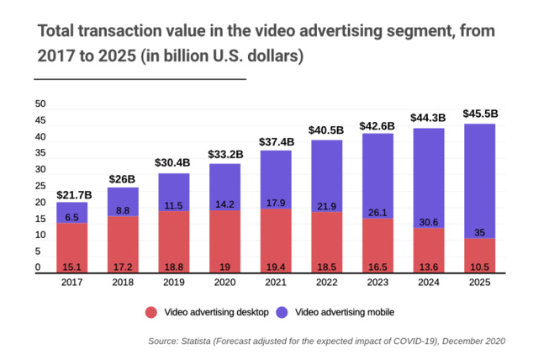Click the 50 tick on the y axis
pos(40,104)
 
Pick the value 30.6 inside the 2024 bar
pos(429,220)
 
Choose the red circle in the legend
pos(151,312)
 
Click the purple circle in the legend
pos(282,312)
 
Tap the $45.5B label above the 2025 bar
pos(479,114)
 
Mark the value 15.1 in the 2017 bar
pos(72,267)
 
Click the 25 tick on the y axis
pos(40,187)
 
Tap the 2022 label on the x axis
pos(327,283)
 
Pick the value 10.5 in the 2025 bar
pos(479,267)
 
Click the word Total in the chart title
pos(58,31)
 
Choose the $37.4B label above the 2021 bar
pos(276,141)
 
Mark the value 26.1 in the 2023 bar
pos(377,211)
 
